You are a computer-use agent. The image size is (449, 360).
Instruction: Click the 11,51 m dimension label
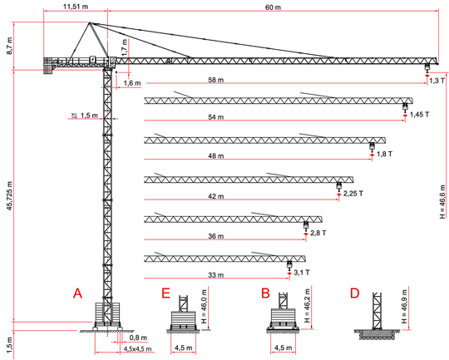click(76, 7)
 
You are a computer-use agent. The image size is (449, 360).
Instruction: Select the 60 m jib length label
click(274, 7)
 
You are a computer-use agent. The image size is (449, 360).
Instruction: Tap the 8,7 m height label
click(10, 46)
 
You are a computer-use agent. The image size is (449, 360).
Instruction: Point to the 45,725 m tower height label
click(10, 196)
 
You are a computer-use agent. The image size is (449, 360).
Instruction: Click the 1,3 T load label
click(437, 81)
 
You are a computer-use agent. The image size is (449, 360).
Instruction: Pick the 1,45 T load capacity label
click(420, 115)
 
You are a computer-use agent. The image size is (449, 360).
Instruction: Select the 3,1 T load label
click(302, 273)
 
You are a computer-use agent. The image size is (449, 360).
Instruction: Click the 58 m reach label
click(216, 80)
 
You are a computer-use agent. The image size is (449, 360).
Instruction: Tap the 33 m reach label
click(216, 275)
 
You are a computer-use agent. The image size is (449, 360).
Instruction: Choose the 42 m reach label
click(216, 196)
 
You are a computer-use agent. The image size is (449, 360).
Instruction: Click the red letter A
click(77, 293)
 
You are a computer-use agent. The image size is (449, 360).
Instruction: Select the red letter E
click(165, 293)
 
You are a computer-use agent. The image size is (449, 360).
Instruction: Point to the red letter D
click(355, 293)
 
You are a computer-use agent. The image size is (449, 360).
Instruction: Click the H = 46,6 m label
click(442, 202)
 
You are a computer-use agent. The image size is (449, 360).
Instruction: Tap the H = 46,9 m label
click(404, 307)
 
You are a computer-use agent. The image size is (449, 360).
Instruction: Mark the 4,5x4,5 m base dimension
click(137, 349)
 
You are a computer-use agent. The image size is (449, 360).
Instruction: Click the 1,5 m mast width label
click(89, 116)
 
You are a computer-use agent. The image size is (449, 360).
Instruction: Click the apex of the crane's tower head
click(89, 22)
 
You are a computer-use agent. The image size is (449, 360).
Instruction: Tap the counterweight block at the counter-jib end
click(48, 67)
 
